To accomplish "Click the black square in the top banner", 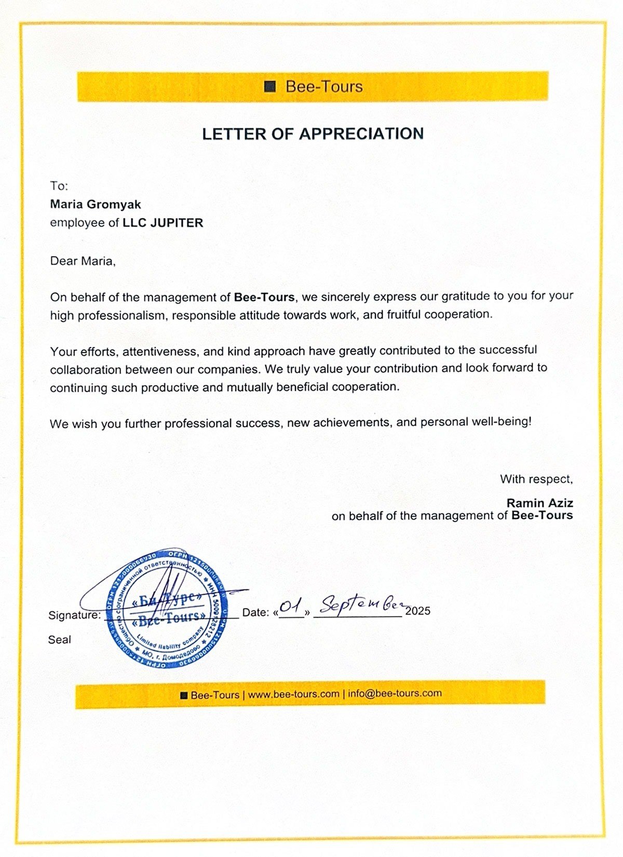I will click(269, 87).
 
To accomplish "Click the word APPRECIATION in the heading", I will click(361, 133).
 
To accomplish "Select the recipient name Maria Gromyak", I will click(96, 204).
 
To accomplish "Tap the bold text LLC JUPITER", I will click(163, 223).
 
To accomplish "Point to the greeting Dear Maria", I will click(83, 261).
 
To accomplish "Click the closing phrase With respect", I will click(536, 479).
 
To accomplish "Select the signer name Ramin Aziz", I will click(539, 503).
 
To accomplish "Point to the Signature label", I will click(74, 615).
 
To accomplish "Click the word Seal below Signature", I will click(59, 640).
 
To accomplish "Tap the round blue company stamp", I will click(167, 607).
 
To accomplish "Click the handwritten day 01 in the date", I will click(291, 606).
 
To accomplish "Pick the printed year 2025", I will click(417, 611).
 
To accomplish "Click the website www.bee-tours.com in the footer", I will click(293, 694).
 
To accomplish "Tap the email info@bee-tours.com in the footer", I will click(395, 693).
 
